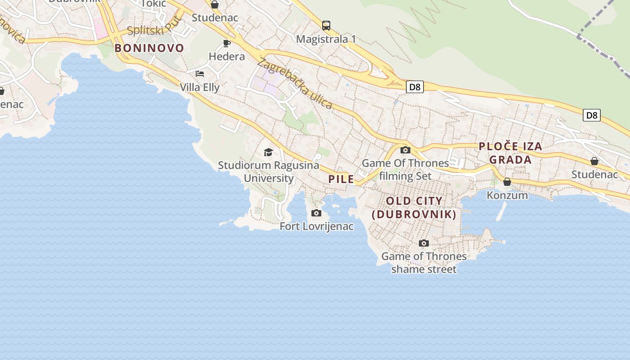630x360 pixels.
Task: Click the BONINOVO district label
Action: (149, 48)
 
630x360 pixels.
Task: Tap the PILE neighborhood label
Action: (341, 179)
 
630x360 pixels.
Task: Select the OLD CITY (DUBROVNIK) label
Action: (414, 207)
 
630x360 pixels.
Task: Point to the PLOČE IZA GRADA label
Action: (510, 153)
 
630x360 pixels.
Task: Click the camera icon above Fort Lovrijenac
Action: (316, 213)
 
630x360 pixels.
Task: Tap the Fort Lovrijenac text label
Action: (316, 226)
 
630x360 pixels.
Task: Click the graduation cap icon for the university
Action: (269, 152)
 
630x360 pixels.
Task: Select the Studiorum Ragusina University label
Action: (269, 171)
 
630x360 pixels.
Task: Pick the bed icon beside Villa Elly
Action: (200, 73)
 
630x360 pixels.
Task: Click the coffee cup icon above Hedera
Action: (227, 43)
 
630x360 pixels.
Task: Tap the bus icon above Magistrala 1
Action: (326, 26)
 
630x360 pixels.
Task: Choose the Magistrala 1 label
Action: (326, 39)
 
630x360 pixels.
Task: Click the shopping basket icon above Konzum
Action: (507, 182)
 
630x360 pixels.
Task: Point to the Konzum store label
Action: (507, 195)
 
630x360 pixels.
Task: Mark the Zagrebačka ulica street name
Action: (295, 84)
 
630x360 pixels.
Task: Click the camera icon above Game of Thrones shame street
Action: (423, 243)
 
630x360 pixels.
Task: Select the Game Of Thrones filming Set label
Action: (405, 169)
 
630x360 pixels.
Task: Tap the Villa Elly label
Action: (200, 87)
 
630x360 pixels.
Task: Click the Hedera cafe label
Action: (227, 57)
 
